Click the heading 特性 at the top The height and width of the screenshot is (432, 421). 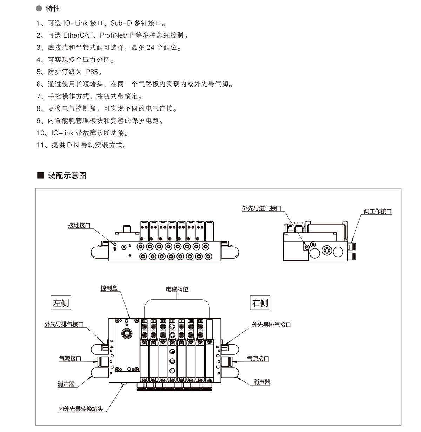point(53,8)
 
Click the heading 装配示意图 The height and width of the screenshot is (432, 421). point(67,175)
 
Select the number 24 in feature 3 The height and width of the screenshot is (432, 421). point(151,48)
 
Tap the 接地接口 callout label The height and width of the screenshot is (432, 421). point(79,225)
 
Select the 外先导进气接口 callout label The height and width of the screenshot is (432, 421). point(262,208)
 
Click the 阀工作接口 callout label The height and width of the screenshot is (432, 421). point(377,211)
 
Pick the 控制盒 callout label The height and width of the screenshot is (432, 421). point(109,288)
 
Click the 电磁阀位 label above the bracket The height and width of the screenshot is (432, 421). point(177,290)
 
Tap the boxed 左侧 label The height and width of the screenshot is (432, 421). point(61,303)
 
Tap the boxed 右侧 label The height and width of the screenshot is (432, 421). point(260,303)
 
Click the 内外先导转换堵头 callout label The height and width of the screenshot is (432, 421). point(81,409)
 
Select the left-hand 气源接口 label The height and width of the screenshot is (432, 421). point(70,359)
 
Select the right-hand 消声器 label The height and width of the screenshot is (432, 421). point(262,382)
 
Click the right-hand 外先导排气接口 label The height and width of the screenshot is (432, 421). point(271,325)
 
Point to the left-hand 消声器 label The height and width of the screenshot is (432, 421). point(66,384)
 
